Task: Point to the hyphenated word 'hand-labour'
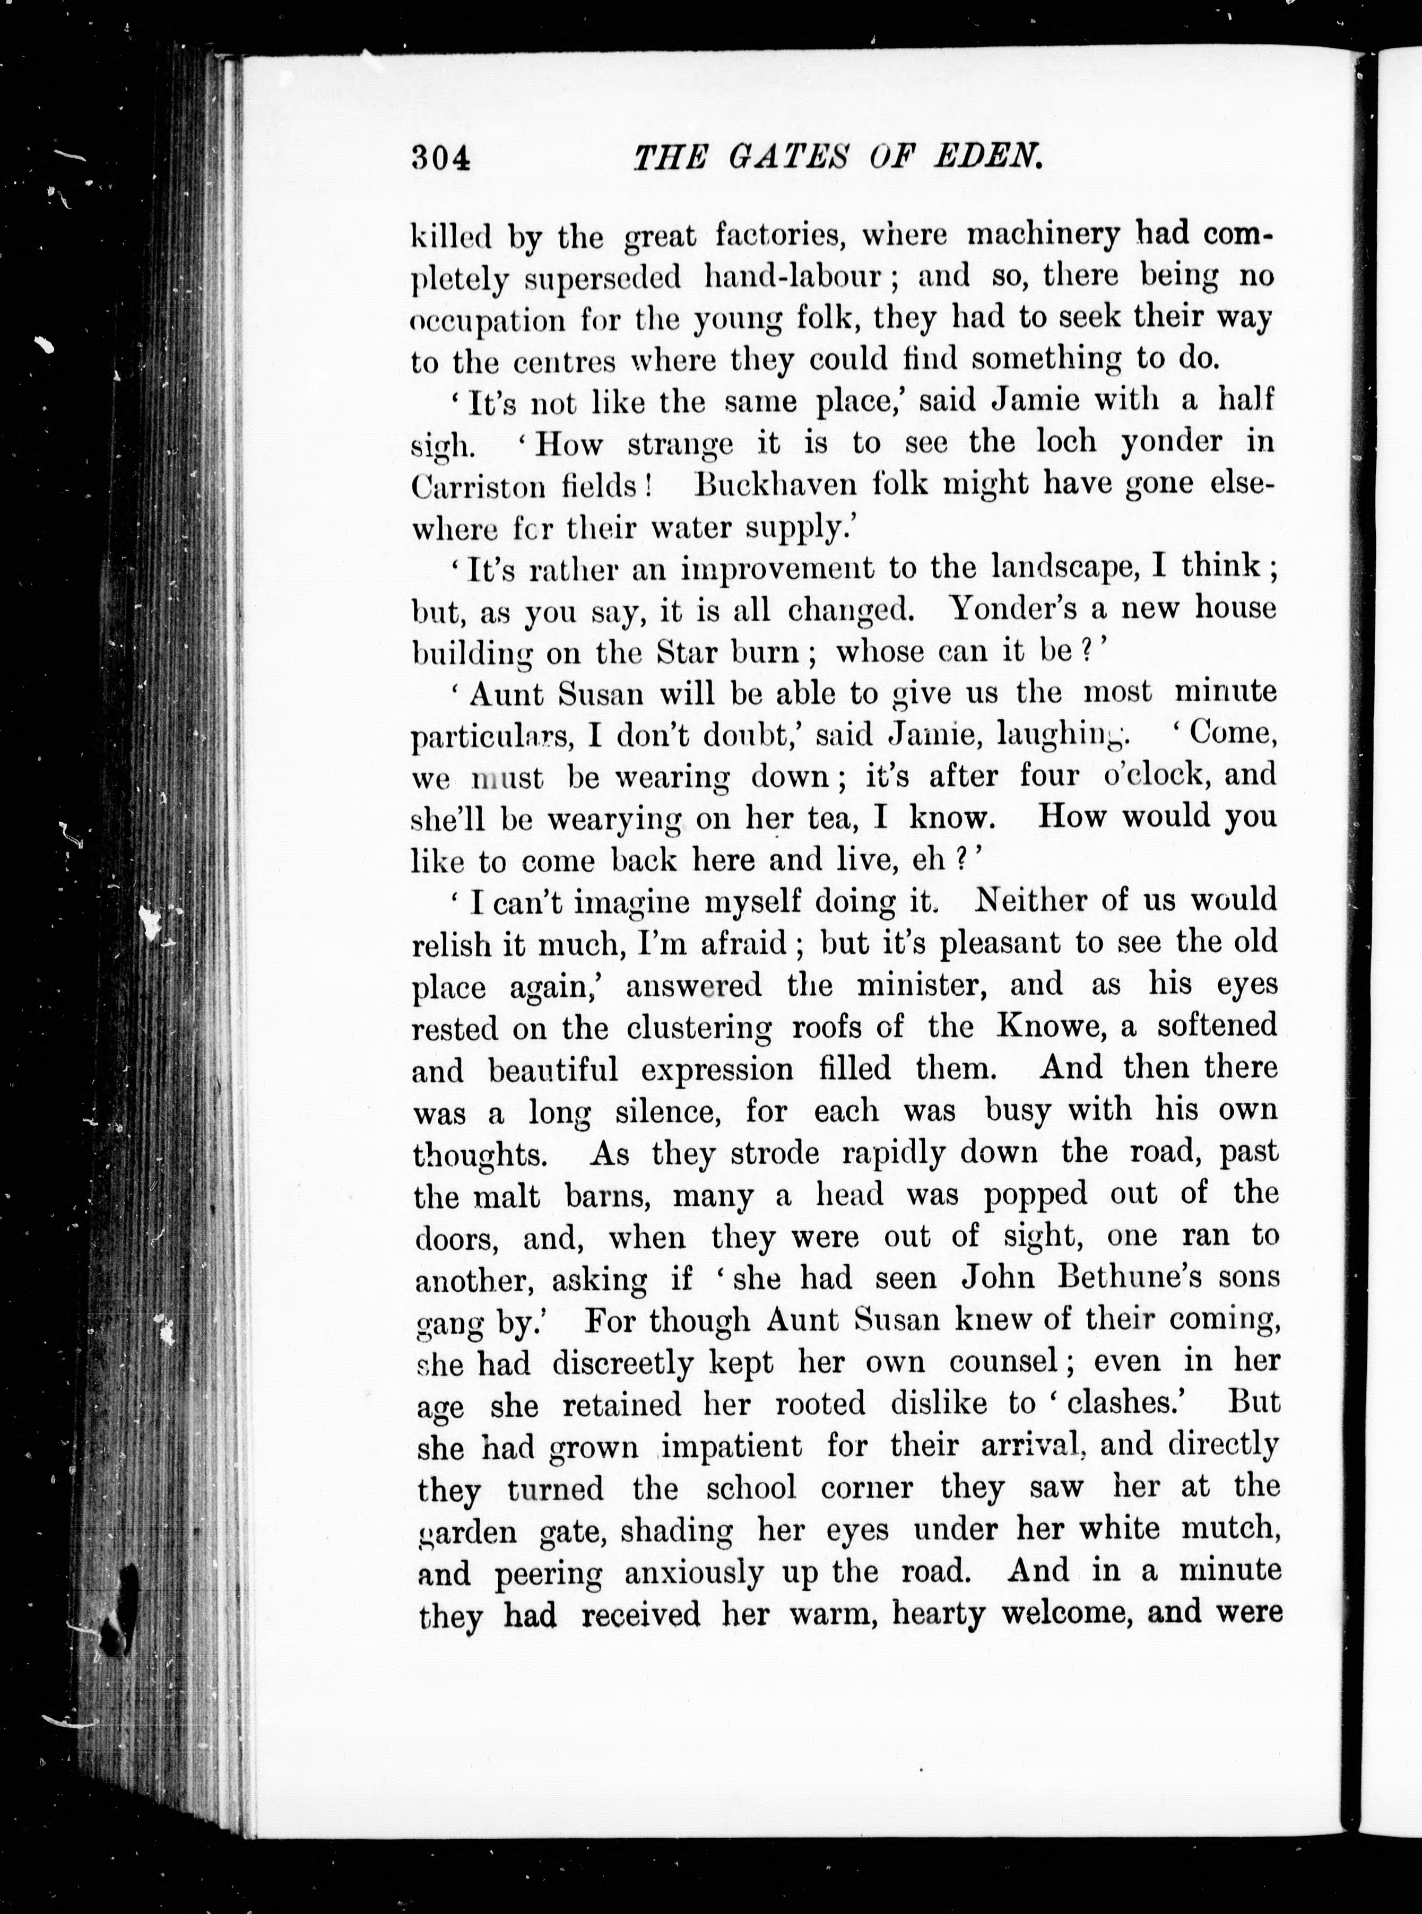click(792, 276)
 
